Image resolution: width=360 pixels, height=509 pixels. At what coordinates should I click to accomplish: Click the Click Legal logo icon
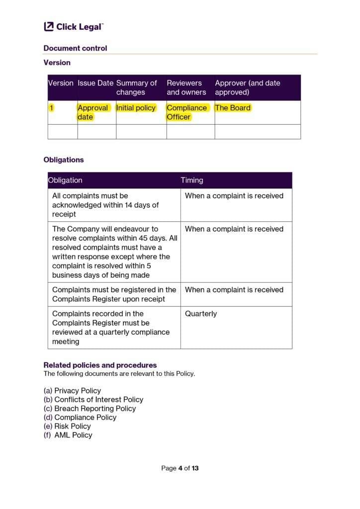49,27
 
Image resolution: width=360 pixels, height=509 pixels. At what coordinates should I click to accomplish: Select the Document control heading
75,48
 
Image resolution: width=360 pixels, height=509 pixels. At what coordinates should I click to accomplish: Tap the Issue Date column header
95,83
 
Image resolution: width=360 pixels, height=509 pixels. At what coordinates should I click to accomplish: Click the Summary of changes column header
136,87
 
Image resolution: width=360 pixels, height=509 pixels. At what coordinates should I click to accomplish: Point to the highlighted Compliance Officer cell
186,112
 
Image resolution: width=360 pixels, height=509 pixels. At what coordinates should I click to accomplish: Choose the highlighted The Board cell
233,108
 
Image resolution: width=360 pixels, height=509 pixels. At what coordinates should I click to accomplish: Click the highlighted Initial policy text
136,108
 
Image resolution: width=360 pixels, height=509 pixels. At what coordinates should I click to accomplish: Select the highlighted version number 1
50,108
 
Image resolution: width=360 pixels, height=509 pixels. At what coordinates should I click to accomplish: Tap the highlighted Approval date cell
92,112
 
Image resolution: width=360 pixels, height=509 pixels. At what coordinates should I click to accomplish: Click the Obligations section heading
64,160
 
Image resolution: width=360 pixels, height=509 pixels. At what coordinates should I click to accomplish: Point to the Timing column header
192,180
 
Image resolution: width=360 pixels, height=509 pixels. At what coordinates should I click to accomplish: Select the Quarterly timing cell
201,314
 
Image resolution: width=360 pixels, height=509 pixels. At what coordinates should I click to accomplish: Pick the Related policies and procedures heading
100,365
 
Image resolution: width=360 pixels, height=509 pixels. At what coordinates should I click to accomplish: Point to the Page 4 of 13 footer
180,468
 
